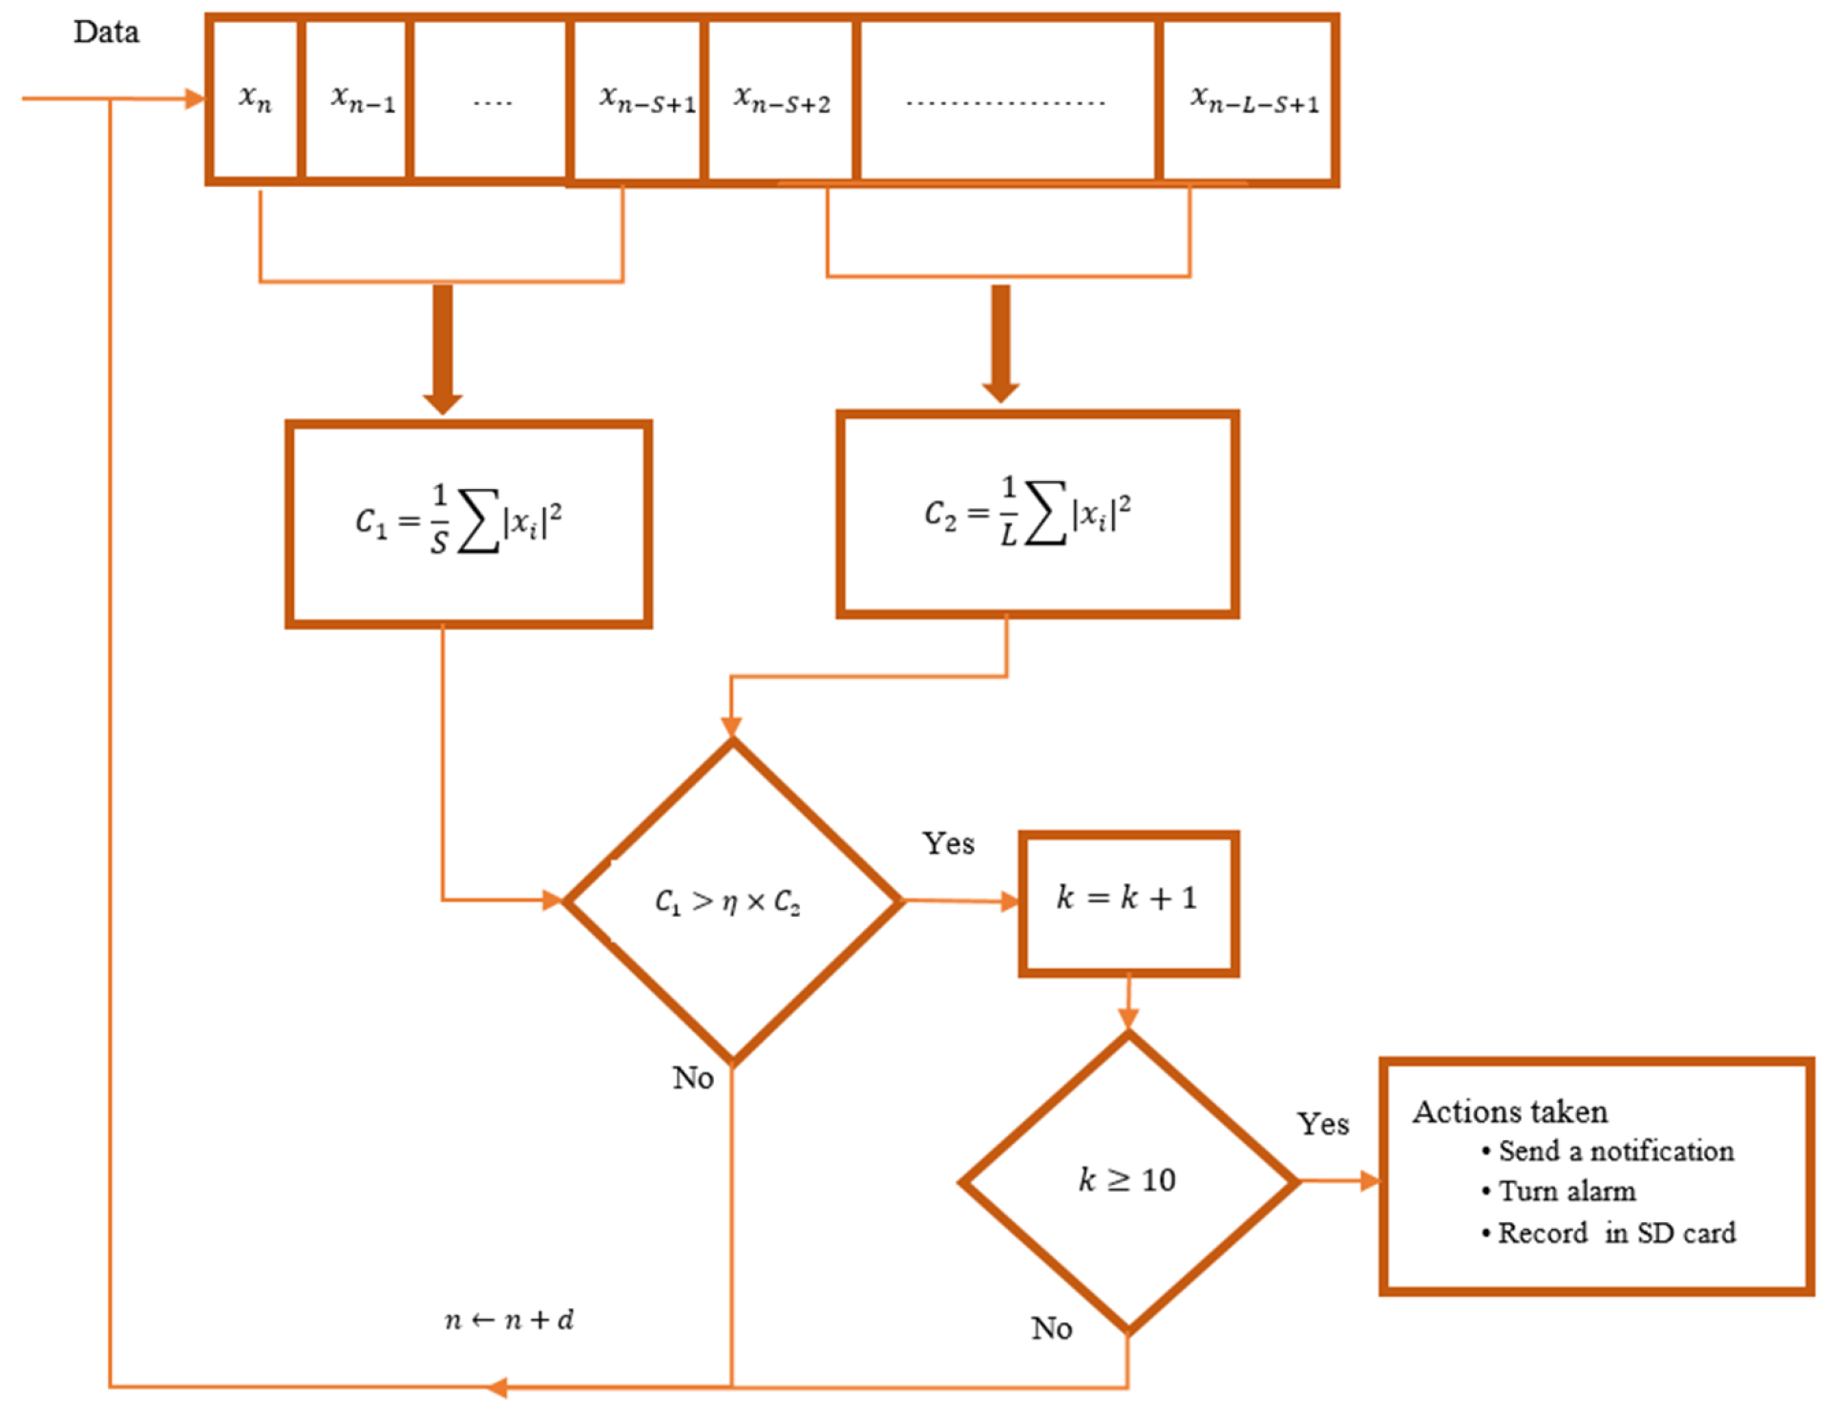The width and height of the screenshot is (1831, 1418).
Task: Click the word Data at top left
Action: [106, 32]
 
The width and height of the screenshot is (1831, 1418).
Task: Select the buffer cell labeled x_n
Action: [255, 99]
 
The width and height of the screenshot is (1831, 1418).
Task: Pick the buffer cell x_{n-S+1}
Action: [646, 99]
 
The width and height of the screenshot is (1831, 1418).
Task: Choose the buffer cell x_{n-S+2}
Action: [782, 99]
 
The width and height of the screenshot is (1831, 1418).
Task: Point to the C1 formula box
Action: [468, 523]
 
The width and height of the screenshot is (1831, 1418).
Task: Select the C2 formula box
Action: [1037, 515]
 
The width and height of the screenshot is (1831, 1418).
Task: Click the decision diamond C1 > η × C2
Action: [731, 901]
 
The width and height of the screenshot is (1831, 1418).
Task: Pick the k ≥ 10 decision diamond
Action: [1127, 1181]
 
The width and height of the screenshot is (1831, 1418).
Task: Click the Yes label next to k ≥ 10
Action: [1322, 1124]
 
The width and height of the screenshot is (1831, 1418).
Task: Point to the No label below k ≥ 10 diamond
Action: [1051, 1328]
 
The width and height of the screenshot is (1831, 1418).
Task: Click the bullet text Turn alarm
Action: [1567, 1192]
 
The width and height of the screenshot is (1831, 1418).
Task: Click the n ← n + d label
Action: [509, 1320]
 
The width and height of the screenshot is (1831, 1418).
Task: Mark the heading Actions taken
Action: [1509, 1111]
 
